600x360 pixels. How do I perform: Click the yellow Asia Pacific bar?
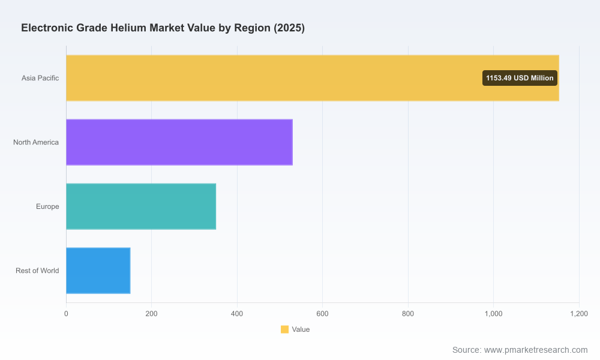tap(313, 78)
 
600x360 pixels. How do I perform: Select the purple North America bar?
tap(179, 142)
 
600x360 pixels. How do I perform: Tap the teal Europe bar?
tap(141, 206)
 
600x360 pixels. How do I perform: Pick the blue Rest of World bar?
tap(98, 271)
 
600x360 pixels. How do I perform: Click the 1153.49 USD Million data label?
tap(520, 78)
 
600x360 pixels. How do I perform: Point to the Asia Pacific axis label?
tap(40, 78)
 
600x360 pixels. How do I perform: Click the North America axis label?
tap(36, 142)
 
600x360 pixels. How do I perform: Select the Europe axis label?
tap(47, 206)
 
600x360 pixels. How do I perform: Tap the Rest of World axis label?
tap(37, 271)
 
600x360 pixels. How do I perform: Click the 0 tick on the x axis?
tap(66, 314)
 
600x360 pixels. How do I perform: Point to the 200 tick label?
tap(152, 314)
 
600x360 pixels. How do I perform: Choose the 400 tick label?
tap(237, 314)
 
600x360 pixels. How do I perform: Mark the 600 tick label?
tap(322, 314)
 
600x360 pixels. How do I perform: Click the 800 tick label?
tap(408, 314)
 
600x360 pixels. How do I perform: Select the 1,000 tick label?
tap(494, 314)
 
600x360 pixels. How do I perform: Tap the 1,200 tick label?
tap(579, 314)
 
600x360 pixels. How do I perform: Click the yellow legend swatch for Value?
tap(284, 329)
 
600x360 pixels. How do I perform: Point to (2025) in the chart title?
tap(289, 28)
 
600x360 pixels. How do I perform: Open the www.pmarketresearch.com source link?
tap(536, 350)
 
